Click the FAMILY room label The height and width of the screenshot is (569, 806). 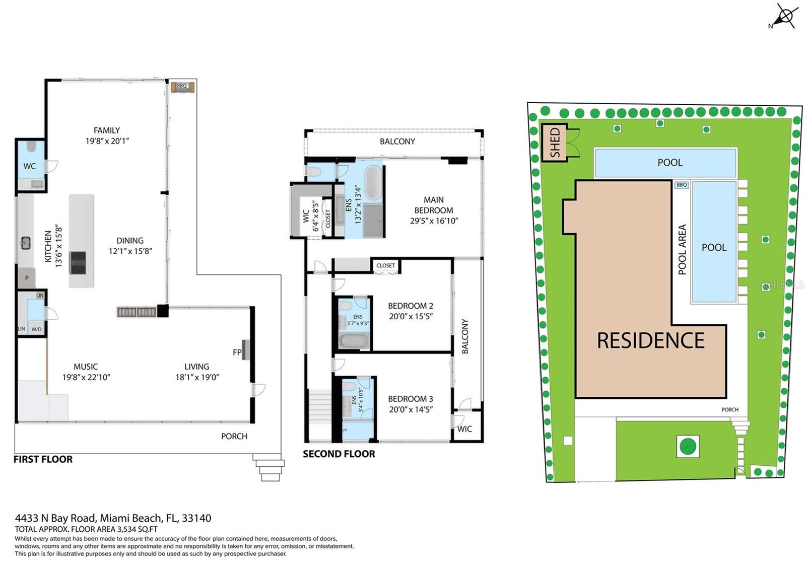107,130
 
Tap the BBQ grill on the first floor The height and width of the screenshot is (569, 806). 182,87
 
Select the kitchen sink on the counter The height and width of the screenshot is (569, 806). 25,243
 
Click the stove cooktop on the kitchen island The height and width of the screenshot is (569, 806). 78,263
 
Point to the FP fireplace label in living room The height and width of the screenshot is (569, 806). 237,352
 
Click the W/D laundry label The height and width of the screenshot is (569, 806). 36,329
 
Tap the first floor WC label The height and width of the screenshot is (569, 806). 30,166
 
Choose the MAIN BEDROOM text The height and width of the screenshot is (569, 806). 433,205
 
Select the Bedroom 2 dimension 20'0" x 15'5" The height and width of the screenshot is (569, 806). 411,316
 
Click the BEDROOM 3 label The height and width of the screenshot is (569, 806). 410,399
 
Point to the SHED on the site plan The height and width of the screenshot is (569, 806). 555,143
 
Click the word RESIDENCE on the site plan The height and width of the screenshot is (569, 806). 650,341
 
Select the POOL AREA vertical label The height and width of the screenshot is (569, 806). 682,249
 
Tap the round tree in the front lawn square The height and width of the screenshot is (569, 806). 688,446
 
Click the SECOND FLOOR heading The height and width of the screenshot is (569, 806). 339,454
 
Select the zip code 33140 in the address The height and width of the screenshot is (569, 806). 196,518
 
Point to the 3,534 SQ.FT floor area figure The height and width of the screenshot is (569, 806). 137,529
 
